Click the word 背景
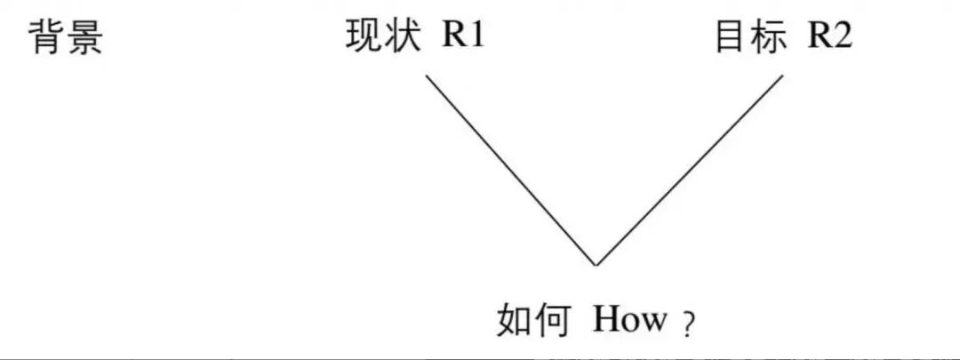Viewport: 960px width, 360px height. click(67, 37)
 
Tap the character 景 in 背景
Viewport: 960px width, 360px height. click(85, 37)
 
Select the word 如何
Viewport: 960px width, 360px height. click(532, 320)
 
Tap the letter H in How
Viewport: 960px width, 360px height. click(606, 320)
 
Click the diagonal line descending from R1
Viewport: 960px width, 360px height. click(511, 170)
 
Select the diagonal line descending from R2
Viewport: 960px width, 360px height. click(690, 170)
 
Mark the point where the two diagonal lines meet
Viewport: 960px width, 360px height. click(596, 265)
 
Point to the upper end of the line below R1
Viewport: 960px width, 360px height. click(427, 76)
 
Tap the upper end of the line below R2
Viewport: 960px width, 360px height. click(783, 76)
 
